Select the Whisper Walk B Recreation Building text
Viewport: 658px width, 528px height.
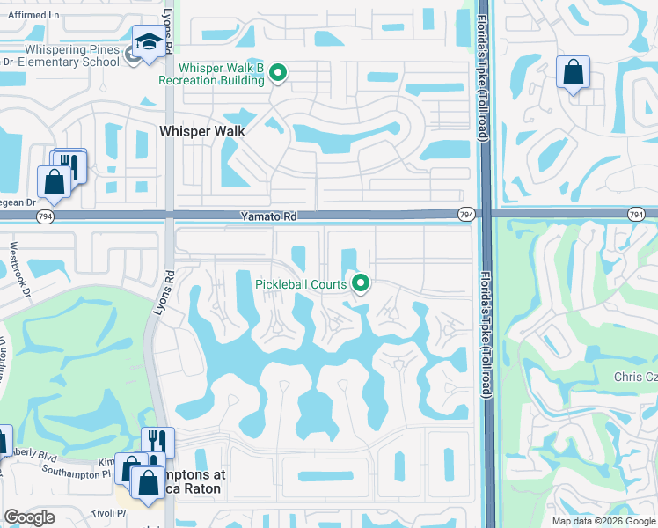[x=222, y=74]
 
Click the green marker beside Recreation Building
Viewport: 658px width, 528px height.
[x=279, y=73]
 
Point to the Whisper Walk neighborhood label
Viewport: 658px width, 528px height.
[x=201, y=129]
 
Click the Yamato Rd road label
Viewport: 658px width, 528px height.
[x=267, y=216]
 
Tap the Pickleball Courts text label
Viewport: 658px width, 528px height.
[x=301, y=284]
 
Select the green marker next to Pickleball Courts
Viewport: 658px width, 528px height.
[x=360, y=283]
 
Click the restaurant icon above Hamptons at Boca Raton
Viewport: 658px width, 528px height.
[x=157, y=441]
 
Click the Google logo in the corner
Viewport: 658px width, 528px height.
[x=30, y=517]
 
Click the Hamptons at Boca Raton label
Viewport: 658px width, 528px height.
[x=188, y=480]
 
